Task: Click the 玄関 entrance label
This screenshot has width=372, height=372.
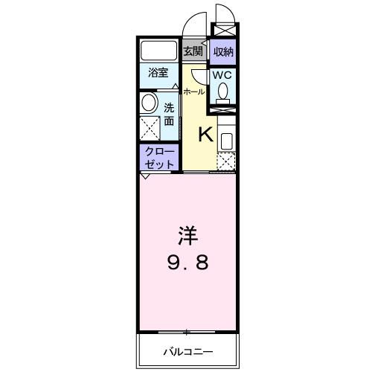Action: (193, 51)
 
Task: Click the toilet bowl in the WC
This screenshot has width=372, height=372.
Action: (222, 92)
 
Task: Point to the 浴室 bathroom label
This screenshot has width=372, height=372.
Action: (157, 73)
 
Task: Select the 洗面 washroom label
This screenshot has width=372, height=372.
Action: (169, 113)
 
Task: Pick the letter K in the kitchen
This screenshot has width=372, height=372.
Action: (205, 134)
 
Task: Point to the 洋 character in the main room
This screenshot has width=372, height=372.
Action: (187, 237)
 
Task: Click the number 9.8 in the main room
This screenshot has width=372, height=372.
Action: (187, 263)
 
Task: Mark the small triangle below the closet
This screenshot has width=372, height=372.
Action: (143, 176)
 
